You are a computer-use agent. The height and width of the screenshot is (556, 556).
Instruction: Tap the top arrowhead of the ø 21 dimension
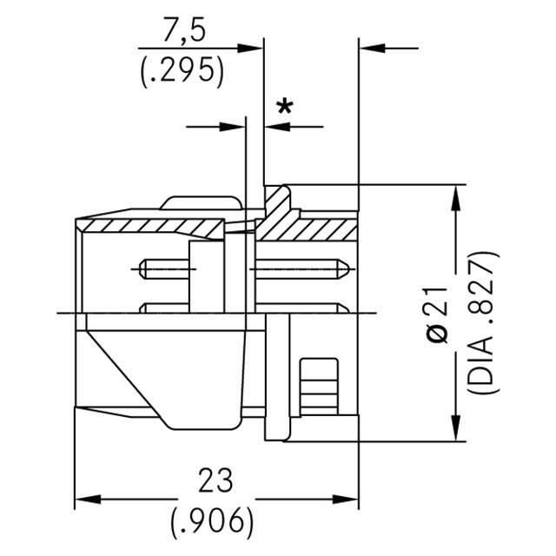point(455,197)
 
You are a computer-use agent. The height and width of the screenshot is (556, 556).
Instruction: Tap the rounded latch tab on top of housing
point(201,202)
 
